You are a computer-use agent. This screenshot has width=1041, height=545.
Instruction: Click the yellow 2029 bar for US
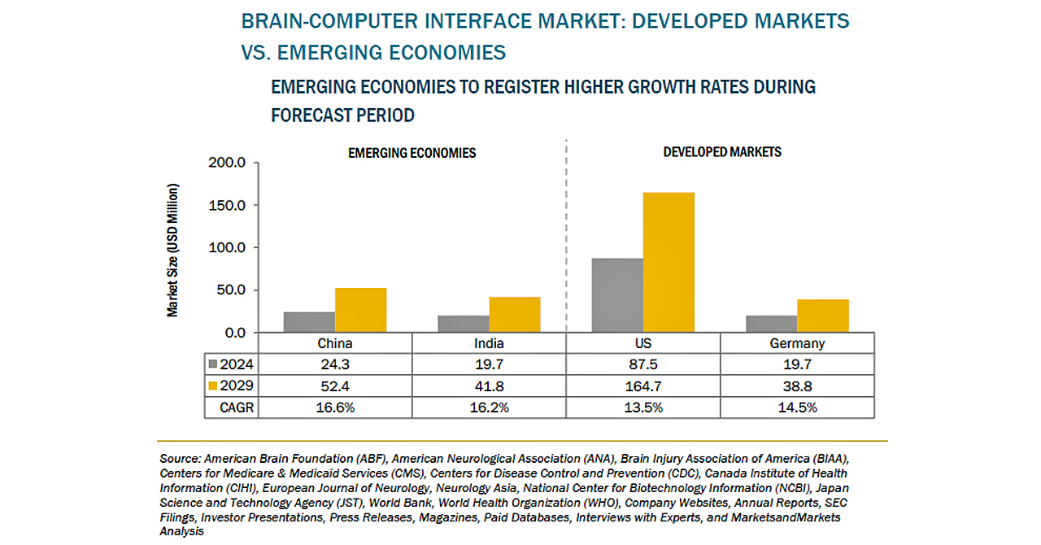[669, 262]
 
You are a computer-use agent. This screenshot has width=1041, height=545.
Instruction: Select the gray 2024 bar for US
[617, 295]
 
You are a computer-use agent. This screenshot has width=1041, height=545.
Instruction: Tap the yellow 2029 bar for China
[360, 310]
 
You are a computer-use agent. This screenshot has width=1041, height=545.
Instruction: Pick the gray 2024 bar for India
[464, 324]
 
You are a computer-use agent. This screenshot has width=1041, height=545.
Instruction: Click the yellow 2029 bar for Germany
[822, 316]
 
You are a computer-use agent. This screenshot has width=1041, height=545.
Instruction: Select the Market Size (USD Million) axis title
[173, 251]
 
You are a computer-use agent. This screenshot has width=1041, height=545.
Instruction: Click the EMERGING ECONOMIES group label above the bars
[412, 153]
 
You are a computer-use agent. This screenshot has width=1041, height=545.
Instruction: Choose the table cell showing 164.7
[643, 386]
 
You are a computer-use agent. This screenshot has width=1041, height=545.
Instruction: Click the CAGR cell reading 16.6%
[335, 407]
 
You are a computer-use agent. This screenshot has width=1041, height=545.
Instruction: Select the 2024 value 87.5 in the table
[643, 364]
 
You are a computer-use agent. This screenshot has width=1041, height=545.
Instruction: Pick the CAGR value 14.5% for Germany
[797, 407]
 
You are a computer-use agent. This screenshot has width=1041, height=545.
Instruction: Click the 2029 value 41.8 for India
[489, 386]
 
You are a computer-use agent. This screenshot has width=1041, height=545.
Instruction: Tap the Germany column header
[797, 343]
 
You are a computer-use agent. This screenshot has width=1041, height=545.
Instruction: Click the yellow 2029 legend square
[214, 386]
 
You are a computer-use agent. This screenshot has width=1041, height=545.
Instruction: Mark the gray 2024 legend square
[214, 364]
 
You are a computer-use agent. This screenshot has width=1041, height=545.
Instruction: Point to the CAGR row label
[236, 407]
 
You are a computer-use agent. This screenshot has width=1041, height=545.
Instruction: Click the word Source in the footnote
[180, 459]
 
